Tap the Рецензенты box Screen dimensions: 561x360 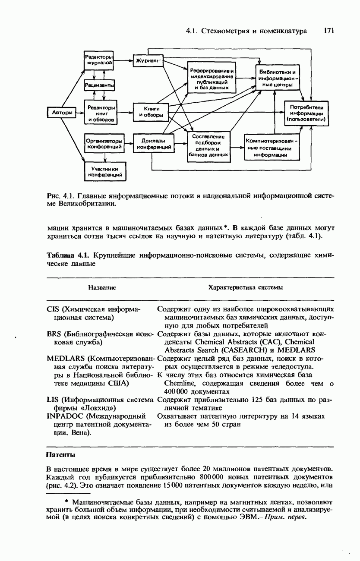(x=99, y=86)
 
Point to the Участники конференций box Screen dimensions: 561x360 (x=105, y=172)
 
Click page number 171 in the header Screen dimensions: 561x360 (x=329, y=31)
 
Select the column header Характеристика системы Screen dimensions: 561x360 (x=245, y=287)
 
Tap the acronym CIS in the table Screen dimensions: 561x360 (x=53, y=309)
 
